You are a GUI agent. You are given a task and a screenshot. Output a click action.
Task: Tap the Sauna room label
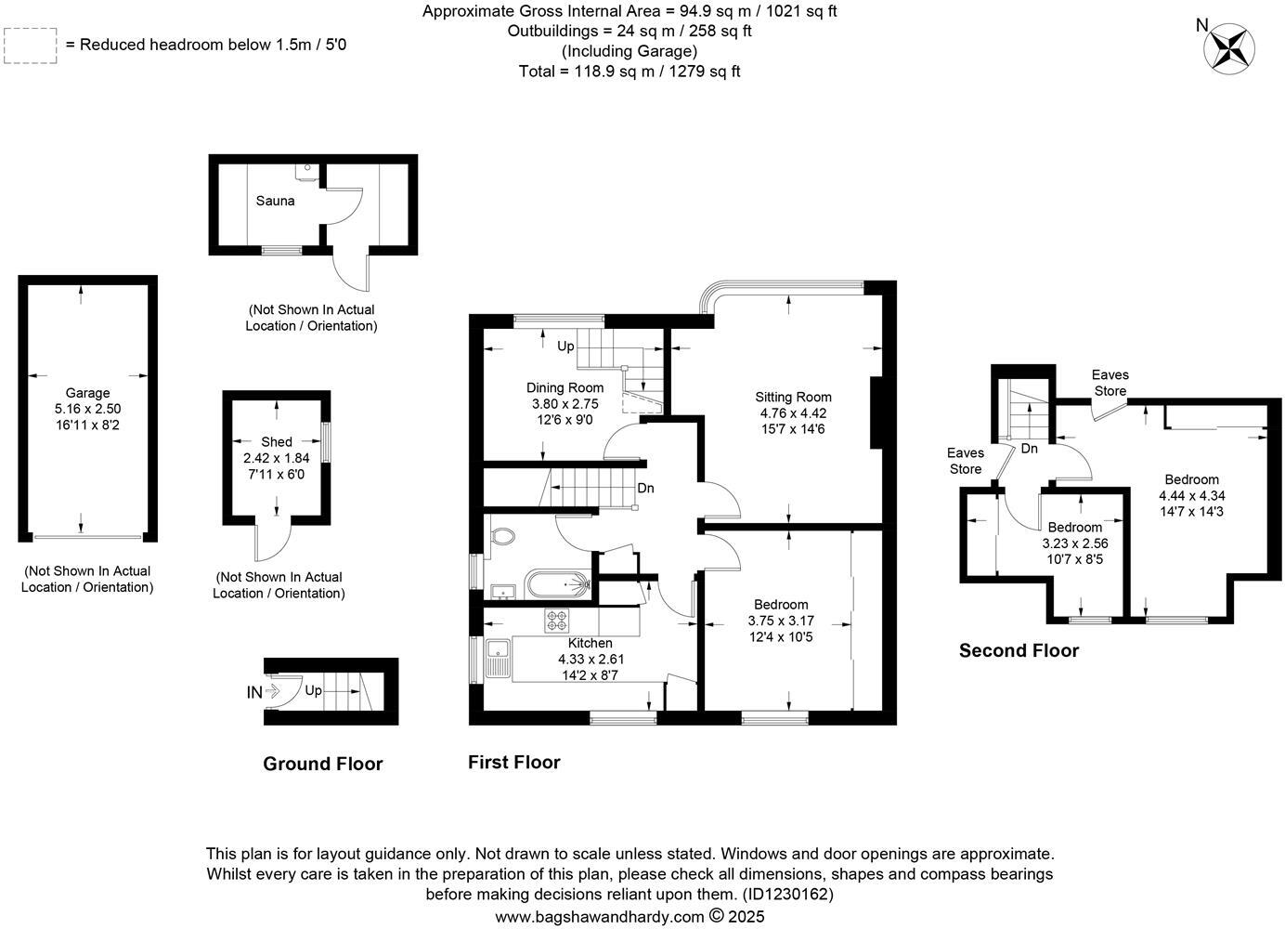[x=275, y=201]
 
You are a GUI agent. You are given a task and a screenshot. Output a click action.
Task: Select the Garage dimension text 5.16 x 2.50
[x=87, y=409]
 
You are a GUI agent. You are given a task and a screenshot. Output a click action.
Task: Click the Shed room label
[x=276, y=442]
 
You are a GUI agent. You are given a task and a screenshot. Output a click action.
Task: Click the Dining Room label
[x=565, y=388]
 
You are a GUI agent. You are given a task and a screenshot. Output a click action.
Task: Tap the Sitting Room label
[x=793, y=398]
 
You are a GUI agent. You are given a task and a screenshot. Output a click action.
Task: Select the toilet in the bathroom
[x=502, y=537]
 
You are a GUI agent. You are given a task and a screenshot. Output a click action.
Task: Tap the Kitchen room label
[x=590, y=643]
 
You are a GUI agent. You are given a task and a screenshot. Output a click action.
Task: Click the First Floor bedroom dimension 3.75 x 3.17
[x=781, y=621]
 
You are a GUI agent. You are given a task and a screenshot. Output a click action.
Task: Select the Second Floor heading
[x=1019, y=650]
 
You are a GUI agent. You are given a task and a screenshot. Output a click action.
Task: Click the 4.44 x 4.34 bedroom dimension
[x=1191, y=495]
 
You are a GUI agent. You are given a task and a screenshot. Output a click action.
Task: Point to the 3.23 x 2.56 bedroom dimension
[x=1075, y=543]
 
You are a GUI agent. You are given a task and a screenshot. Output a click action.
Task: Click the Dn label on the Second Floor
[x=1029, y=449]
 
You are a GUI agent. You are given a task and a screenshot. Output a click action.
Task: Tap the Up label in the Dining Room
[x=565, y=347]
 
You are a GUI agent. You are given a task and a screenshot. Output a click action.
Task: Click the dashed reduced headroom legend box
[x=31, y=46]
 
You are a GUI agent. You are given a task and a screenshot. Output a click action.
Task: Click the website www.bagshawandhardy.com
[x=599, y=917]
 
